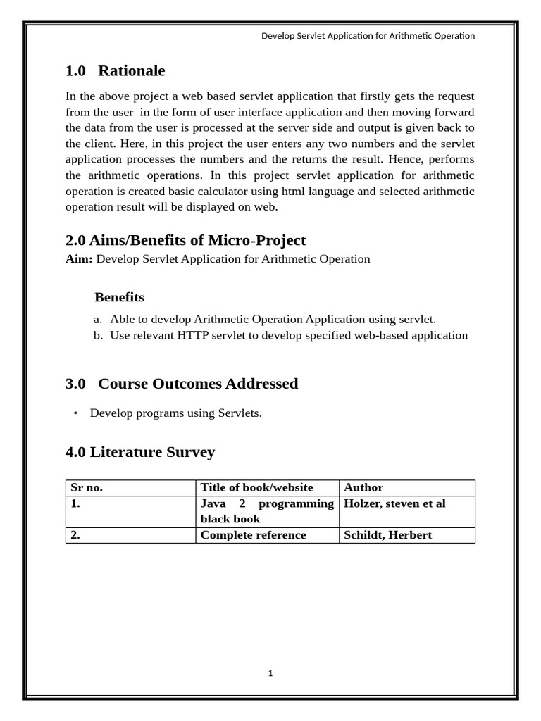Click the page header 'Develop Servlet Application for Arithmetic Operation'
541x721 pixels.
click(x=368, y=36)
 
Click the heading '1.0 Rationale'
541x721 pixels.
click(x=115, y=70)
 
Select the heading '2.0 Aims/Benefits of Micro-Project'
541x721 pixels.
click(x=185, y=240)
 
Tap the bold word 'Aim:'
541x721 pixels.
click(x=79, y=259)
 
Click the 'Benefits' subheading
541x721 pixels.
click(x=119, y=297)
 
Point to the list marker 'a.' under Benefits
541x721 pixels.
click(x=98, y=320)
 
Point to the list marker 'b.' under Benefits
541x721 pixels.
click(x=98, y=336)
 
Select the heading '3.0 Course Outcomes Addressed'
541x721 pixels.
click(x=181, y=384)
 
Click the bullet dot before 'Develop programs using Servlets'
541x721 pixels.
click(x=75, y=413)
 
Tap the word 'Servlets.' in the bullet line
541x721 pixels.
click(x=240, y=413)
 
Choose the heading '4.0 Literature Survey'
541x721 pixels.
click(x=139, y=452)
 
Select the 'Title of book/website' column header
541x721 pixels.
click(x=256, y=488)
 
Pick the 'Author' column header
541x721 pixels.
click(x=363, y=488)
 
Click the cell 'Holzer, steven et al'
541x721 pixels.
click(x=394, y=503)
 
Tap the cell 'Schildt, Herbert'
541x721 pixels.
click(x=387, y=535)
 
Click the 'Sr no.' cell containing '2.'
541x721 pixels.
click(x=75, y=535)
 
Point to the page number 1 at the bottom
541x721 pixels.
click(x=270, y=673)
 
